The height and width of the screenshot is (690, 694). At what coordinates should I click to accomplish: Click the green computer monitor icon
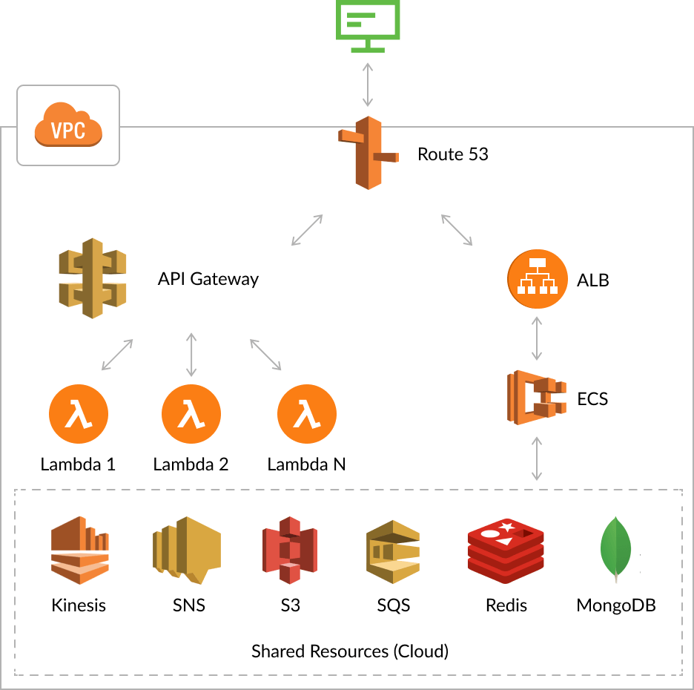368,25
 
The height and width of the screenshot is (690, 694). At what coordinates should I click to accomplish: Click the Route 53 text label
452,154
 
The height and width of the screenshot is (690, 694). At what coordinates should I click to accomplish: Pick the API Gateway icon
92,279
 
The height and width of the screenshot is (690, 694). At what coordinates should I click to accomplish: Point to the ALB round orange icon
538,280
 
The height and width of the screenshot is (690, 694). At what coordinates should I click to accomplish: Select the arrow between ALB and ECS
538,339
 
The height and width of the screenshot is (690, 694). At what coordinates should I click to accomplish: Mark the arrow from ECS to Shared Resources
538,459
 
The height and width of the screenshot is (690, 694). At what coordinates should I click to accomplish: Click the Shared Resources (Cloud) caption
350,651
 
